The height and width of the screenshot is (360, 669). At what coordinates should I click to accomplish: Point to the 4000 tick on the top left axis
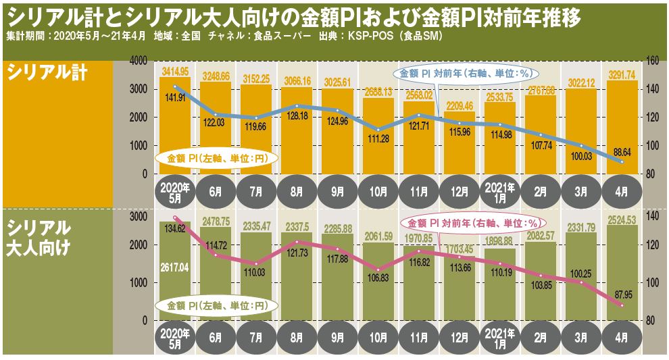tap(138, 61)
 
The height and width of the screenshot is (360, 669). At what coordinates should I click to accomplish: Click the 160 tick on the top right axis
tap(653, 61)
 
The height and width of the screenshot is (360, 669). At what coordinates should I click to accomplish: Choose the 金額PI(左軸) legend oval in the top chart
tap(214, 158)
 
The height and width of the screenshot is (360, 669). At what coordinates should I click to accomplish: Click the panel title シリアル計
tap(47, 74)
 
